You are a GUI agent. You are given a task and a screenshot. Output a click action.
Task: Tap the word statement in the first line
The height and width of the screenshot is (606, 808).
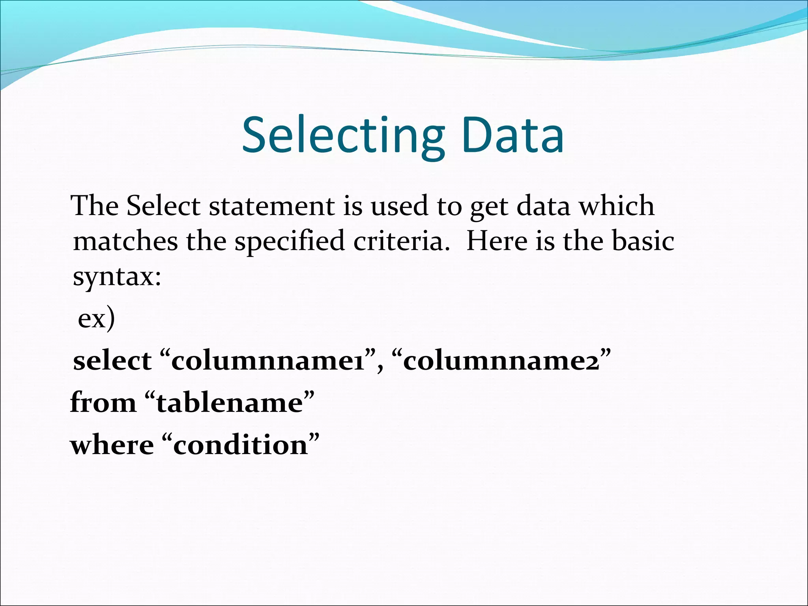point(272,206)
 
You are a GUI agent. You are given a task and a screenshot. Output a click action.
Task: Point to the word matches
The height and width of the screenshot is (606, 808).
point(125,241)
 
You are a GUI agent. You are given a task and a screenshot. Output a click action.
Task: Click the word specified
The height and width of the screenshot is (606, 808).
point(290,242)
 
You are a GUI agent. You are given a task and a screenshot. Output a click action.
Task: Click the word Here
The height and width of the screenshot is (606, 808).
point(496,241)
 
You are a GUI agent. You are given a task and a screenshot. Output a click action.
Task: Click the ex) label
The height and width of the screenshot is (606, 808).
point(96,318)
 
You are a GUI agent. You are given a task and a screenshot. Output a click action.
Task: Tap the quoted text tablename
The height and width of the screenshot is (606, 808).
point(230,403)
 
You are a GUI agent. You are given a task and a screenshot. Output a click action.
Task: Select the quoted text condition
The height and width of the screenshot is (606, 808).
point(240,445)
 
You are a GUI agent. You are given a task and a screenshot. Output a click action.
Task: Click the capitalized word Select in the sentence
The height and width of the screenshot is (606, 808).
point(163,206)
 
